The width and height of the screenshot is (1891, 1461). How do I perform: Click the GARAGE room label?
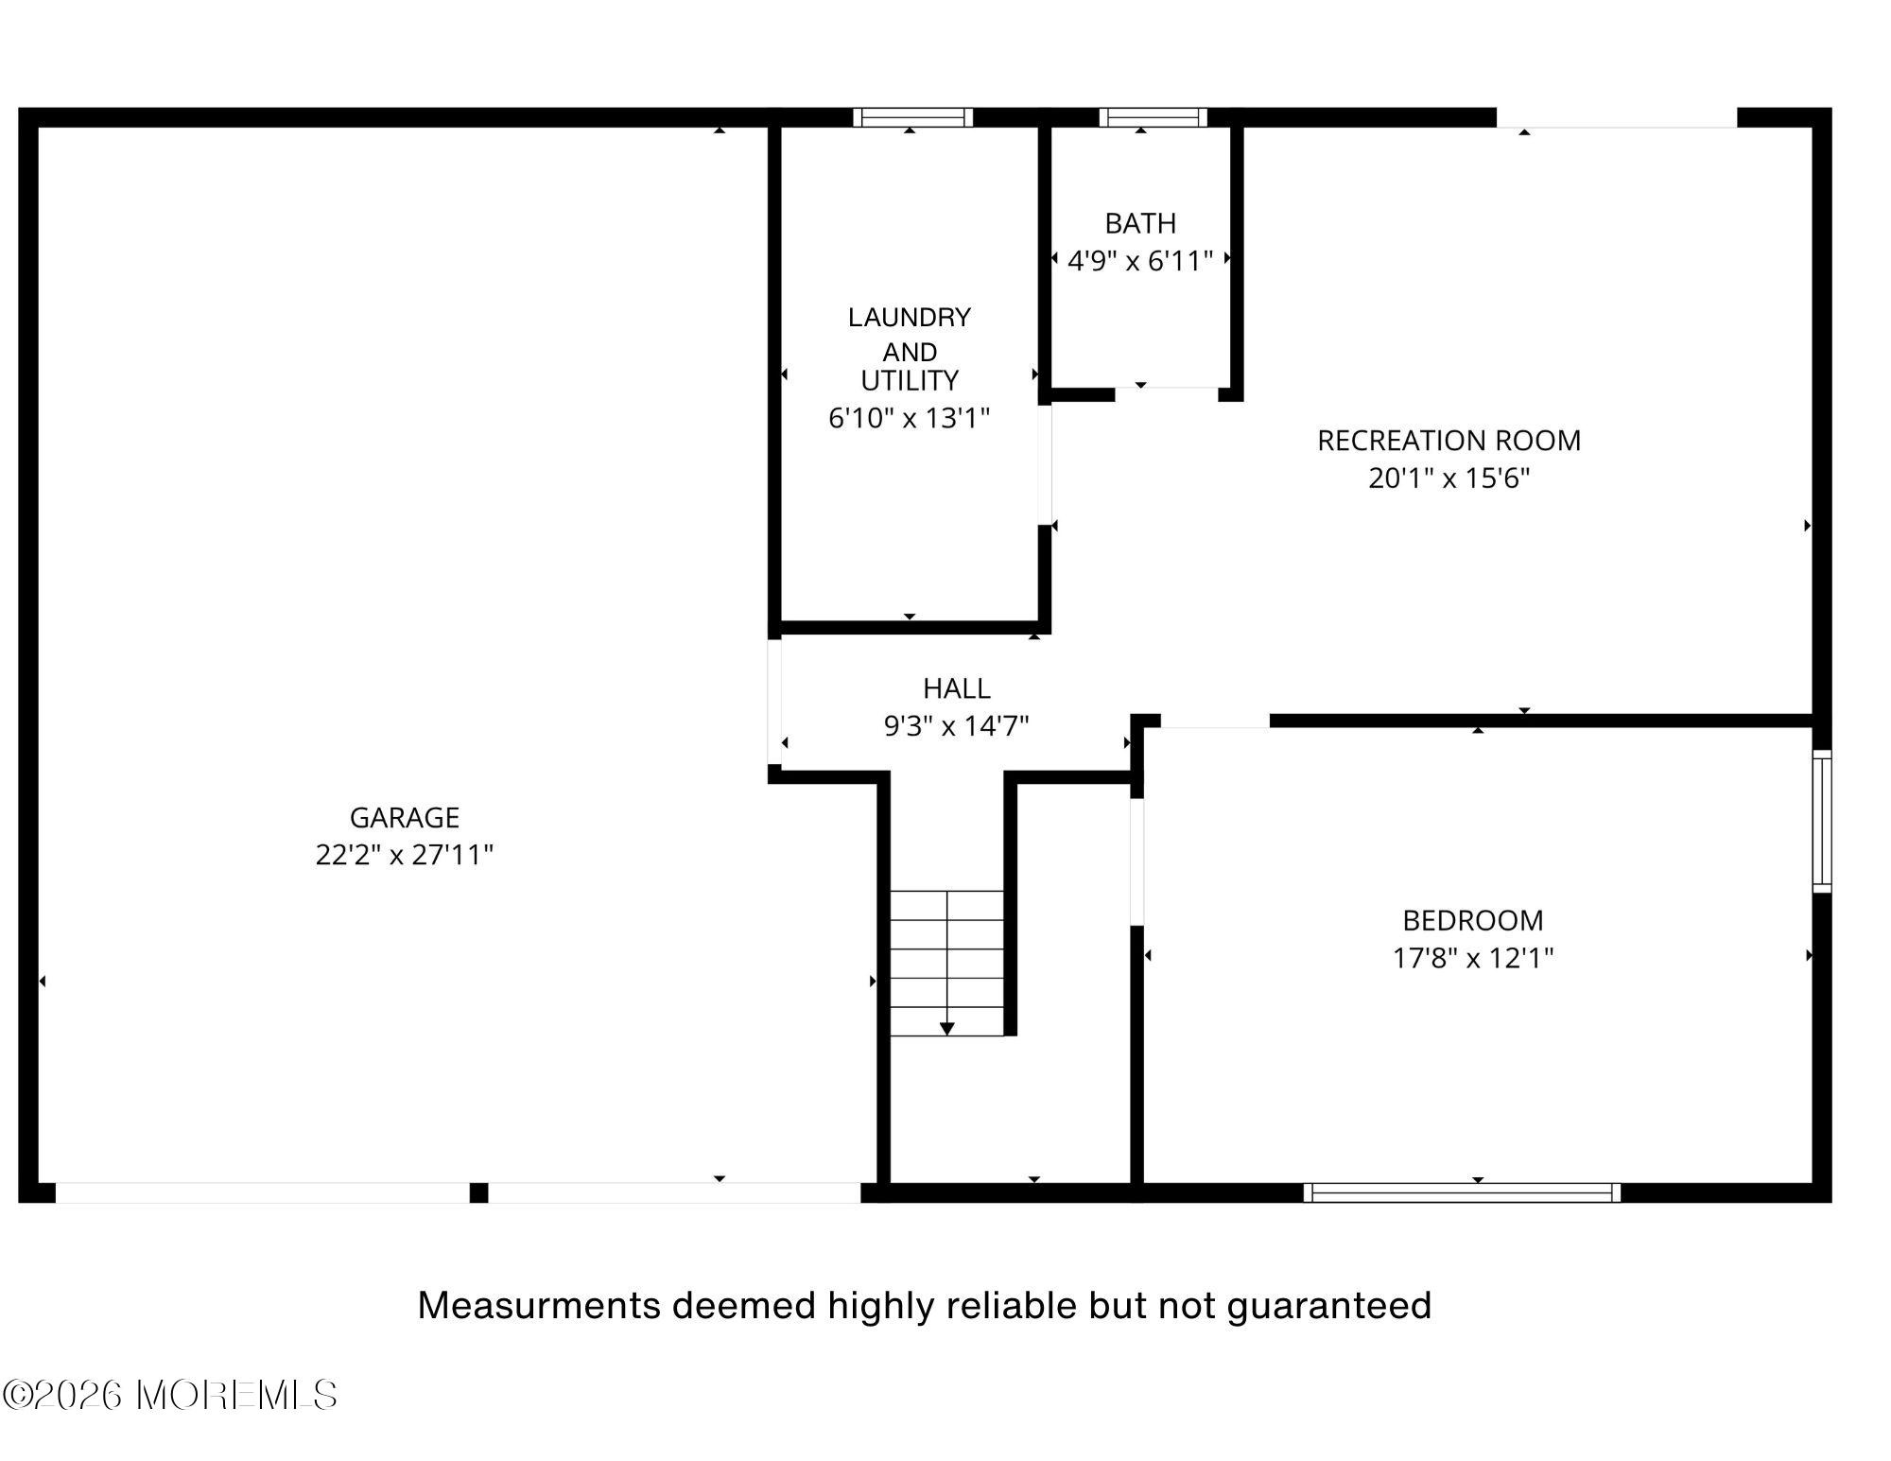(405, 817)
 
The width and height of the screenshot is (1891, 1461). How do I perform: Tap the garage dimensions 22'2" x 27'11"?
(405, 855)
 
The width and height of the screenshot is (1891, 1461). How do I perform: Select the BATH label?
(1140, 223)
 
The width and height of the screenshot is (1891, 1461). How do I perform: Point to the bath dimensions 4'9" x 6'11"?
(1140, 261)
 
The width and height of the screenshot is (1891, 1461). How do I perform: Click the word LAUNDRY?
(910, 317)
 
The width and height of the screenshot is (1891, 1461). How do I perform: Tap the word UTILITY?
(910, 380)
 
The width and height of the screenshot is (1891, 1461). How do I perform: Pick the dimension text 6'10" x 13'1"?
(910, 418)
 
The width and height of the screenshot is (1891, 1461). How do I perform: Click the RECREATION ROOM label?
(1449, 441)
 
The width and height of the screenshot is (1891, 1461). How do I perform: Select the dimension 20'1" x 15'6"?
(1449, 478)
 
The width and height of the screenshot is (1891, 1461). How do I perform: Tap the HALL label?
(957, 688)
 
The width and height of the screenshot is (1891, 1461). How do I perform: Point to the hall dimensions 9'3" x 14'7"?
(957, 726)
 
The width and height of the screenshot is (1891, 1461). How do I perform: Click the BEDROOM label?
(1473, 920)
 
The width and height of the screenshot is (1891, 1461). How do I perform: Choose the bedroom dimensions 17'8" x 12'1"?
(1473, 958)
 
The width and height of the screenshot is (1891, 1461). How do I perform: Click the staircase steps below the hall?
(946, 963)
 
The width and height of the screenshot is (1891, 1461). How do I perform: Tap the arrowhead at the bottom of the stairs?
(946, 1029)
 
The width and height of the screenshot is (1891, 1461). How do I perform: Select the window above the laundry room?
(912, 117)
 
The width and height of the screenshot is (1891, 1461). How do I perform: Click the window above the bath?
(1153, 117)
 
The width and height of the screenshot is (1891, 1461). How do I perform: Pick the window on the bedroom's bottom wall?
(1462, 1192)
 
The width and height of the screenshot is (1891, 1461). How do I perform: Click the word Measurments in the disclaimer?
(540, 1306)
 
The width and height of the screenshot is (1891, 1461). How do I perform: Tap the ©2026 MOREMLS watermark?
(170, 1395)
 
